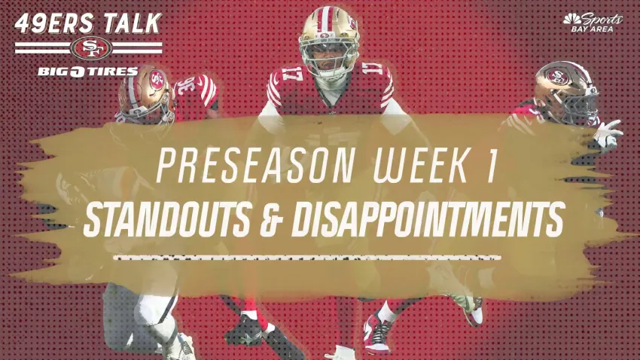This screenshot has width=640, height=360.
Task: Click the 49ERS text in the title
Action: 54,23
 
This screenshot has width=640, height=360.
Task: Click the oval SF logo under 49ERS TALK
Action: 91,48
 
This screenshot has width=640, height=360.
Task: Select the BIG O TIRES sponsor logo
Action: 88,72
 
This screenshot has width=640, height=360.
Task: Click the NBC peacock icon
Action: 572,19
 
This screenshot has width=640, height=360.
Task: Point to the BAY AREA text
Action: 592,29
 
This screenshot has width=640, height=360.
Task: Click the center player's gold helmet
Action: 328,41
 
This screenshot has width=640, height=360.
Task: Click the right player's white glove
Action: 608,134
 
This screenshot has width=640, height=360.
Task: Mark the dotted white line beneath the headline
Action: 306,258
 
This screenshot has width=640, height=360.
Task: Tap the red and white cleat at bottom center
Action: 376,333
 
